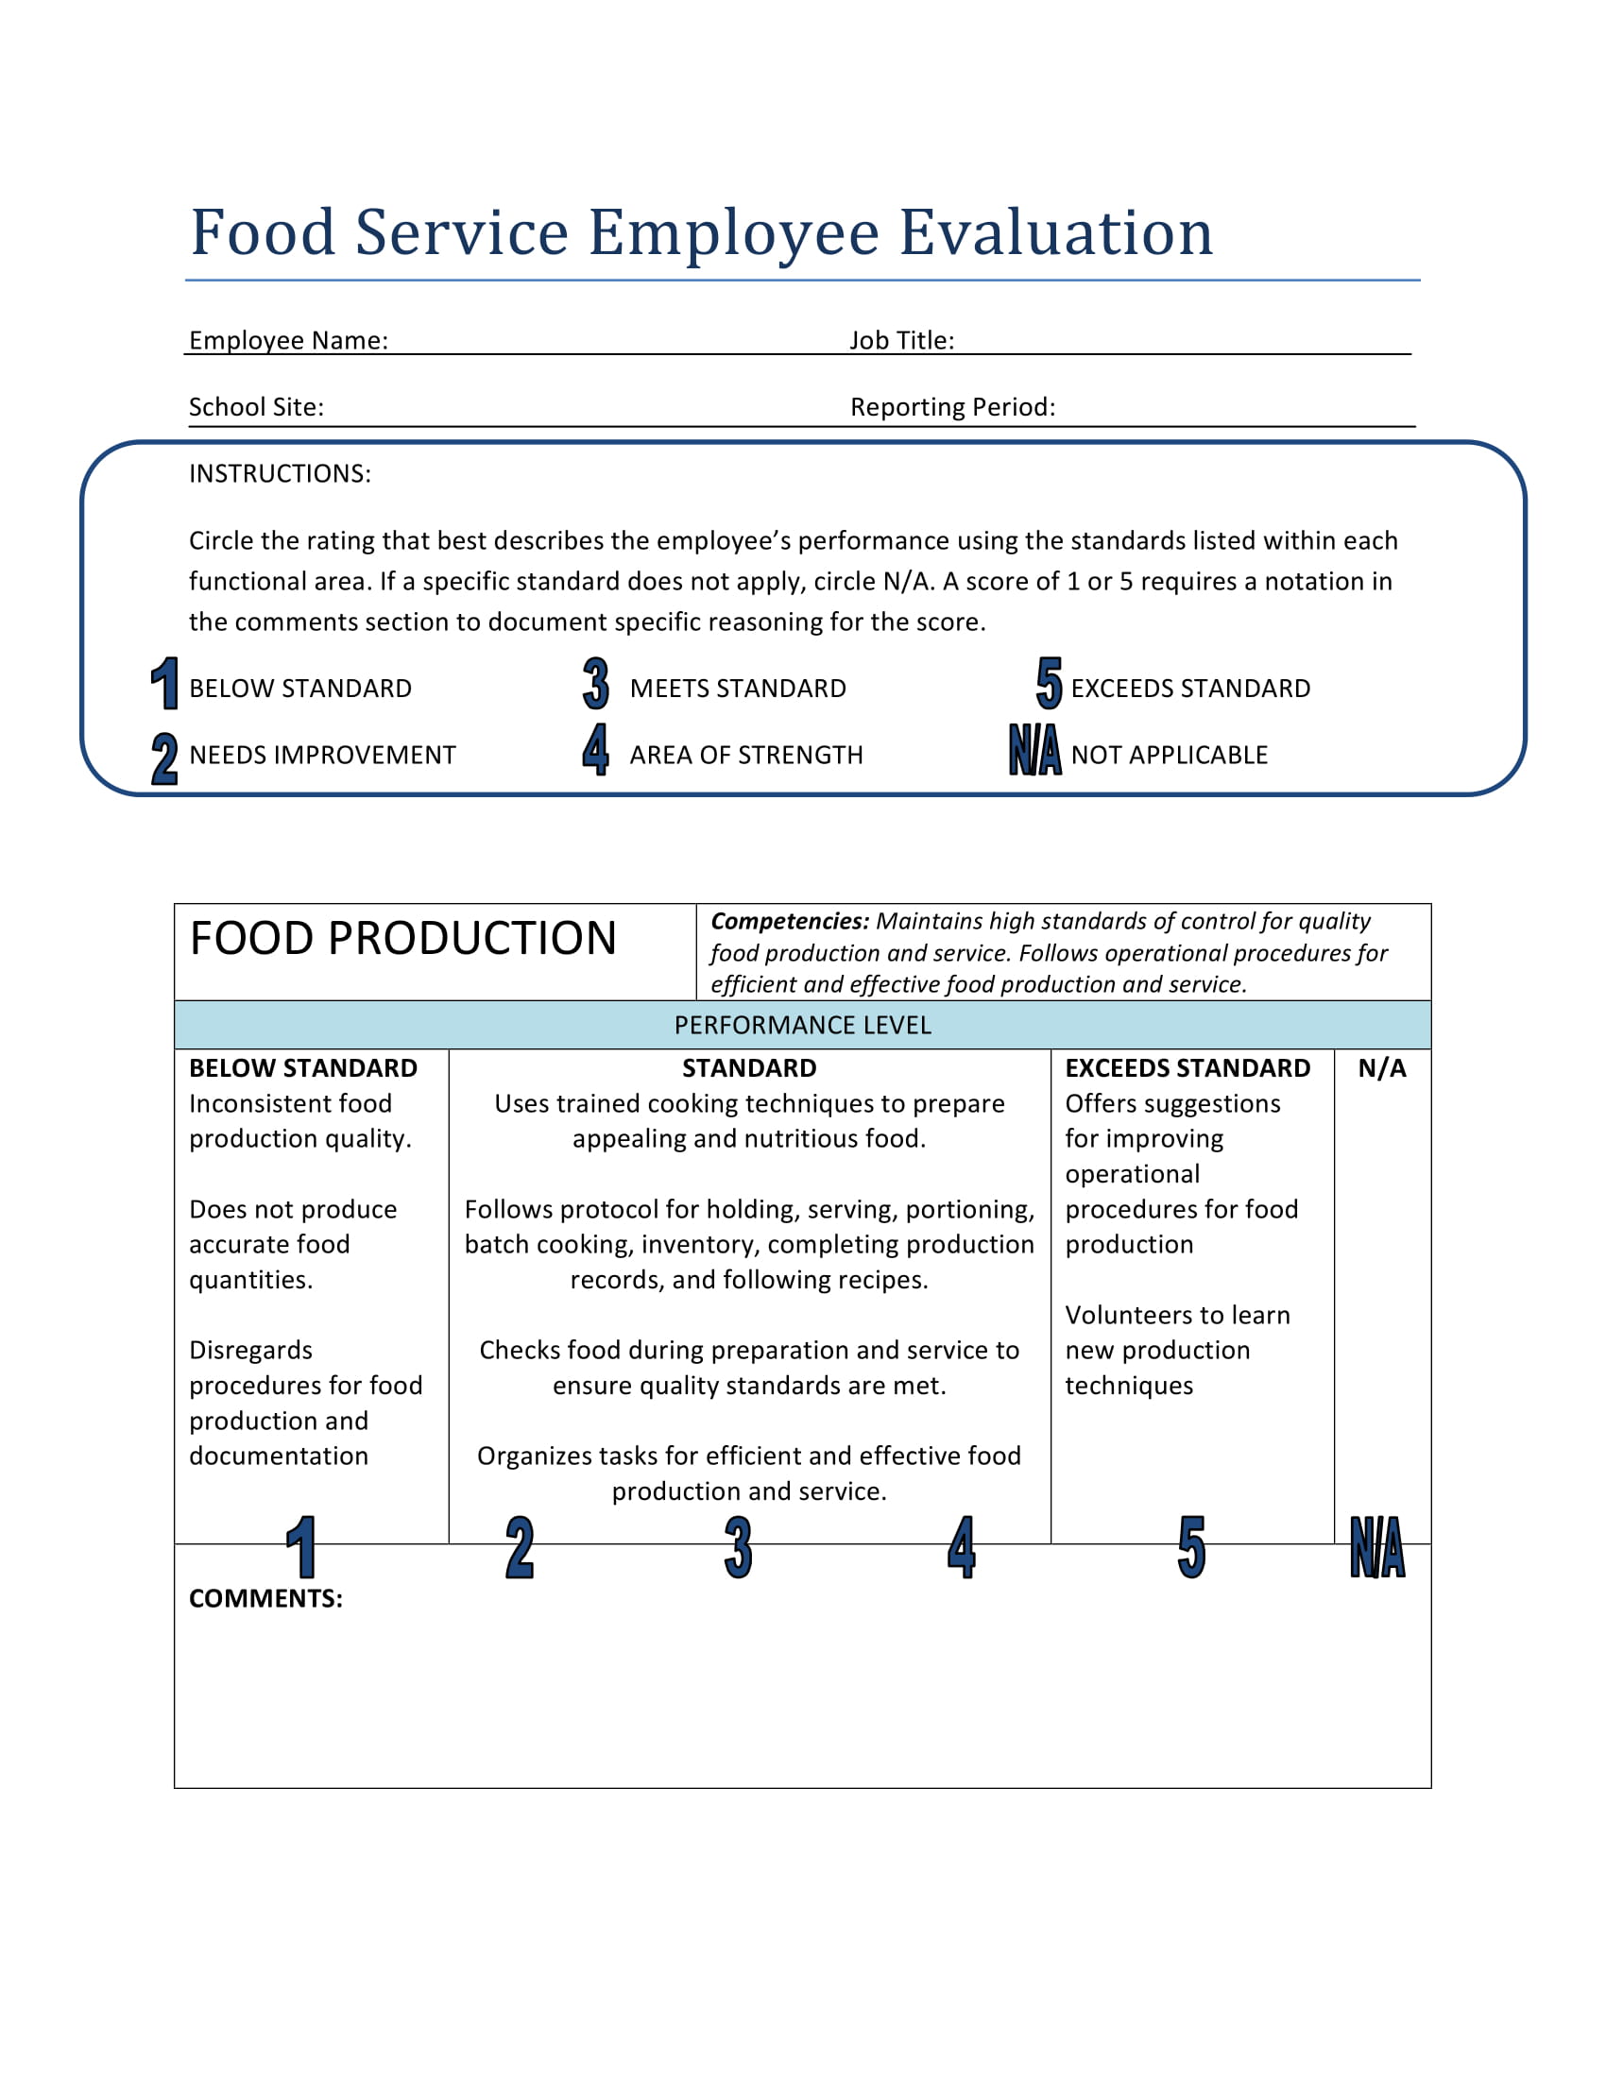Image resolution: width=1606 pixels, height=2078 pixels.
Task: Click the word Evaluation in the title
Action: (x=1055, y=232)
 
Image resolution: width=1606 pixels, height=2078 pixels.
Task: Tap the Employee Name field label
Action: (x=288, y=341)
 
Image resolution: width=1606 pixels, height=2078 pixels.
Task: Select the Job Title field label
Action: (x=901, y=341)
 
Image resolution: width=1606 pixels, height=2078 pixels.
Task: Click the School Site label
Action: (x=256, y=407)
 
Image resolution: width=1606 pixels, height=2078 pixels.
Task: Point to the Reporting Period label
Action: (x=952, y=407)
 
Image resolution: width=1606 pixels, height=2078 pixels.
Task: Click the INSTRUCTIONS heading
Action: (x=280, y=474)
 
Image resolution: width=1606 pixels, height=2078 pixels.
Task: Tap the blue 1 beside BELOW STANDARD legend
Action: (x=165, y=683)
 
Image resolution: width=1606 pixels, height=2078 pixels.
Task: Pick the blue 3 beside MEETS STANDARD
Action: (x=595, y=683)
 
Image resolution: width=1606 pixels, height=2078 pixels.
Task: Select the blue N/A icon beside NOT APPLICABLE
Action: (x=1034, y=750)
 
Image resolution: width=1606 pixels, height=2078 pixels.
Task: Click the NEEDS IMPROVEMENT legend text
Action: (x=322, y=756)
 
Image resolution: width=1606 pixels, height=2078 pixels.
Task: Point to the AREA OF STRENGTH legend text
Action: (x=746, y=756)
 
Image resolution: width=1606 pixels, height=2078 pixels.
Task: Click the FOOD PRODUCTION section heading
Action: (x=403, y=939)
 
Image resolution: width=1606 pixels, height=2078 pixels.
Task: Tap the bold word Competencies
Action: (x=790, y=921)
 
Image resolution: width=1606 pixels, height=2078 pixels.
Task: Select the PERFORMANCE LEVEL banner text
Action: (x=802, y=1026)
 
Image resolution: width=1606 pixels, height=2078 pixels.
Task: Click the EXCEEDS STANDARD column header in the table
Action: (x=1187, y=1068)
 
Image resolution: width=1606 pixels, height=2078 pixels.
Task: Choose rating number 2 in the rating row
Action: (x=520, y=1548)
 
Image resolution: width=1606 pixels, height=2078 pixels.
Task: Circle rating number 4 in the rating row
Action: (x=961, y=1548)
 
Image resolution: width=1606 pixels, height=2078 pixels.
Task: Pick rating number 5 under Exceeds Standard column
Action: (x=1191, y=1548)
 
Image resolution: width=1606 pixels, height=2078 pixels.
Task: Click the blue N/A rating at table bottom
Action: (x=1376, y=1548)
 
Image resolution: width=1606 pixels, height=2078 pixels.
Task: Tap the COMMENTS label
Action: (x=265, y=1598)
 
